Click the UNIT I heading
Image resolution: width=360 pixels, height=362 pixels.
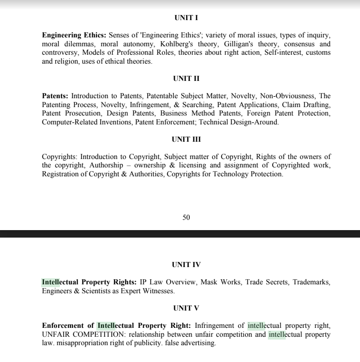pyautogui.click(x=186, y=18)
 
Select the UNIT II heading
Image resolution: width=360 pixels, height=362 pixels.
pyautogui.click(x=186, y=79)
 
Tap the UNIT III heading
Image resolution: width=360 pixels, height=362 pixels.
pyautogui.click(x=186, y=139)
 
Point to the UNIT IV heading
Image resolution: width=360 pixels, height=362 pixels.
pyautogui.click(x=186, y=265)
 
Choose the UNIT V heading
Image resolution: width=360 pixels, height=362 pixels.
pyautogui.click(x=186, y=308)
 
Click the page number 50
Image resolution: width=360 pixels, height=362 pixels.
pyautogui.click(x=186, y=217)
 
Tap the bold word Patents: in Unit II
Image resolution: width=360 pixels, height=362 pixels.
pyautogui.click(x=55, y=96)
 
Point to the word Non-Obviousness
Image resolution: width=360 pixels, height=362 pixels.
pyautogui.click(x=287, y=96)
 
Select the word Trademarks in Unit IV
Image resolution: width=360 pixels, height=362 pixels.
pyautogui.click(x=311, y=282)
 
